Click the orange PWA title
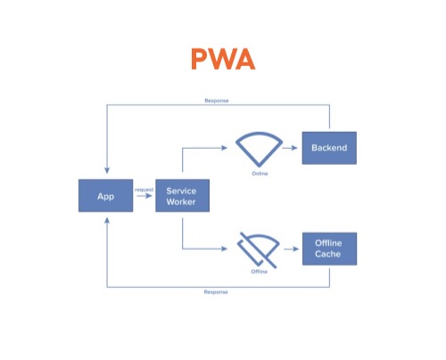[x=222, y=60]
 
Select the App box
[x=105, y=195]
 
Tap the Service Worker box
[x=182, y=195]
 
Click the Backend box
[x=329, y=147]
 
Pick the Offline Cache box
[x=329, y=249]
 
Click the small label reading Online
[x=260, y=173]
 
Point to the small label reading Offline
[x=260, y=271]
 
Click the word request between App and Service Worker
[x=144, y=189]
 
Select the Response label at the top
[x=217, y=101]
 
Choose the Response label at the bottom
[x=217, y=293]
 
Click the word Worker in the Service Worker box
[x=182, y=202]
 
